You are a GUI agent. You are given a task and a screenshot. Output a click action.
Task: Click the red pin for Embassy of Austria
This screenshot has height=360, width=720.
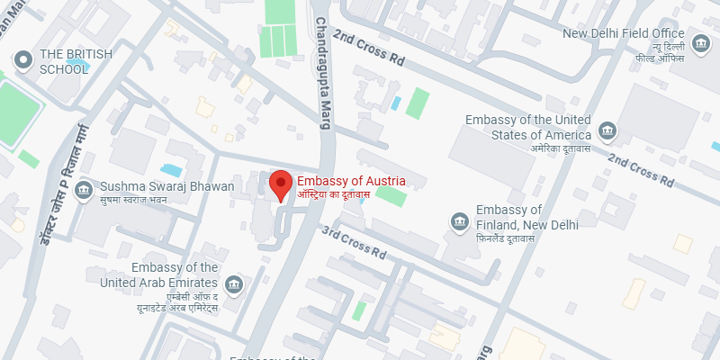[282, 184]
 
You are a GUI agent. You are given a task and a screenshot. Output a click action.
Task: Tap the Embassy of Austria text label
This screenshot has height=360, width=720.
[351, 182]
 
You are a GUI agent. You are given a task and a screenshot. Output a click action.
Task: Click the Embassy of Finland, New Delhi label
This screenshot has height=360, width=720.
[526, 217]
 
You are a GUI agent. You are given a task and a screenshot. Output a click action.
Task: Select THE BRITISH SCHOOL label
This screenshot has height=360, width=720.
[76, 62]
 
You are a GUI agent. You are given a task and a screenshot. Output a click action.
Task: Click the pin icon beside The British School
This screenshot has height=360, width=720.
[22, 59]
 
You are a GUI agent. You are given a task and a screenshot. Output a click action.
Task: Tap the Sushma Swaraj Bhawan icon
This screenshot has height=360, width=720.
[84, 191]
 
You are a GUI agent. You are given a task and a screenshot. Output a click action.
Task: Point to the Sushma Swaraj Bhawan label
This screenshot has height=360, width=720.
[166, 186]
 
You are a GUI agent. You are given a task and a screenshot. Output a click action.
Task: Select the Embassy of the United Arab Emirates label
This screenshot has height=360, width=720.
[174, 275]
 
